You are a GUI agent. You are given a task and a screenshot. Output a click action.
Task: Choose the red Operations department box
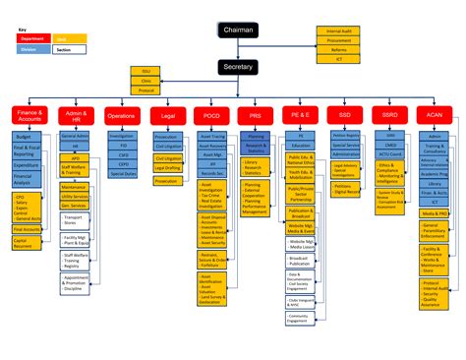point(120,116)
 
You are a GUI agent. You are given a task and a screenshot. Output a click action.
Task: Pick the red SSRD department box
point(389,116)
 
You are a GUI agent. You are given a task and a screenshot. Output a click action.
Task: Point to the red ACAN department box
point(434,116)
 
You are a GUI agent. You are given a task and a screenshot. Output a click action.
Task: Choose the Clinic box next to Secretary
point(146,80)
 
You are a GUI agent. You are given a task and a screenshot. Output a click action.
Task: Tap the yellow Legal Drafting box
point(167,167)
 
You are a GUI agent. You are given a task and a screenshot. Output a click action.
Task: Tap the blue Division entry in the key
point(29,48)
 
